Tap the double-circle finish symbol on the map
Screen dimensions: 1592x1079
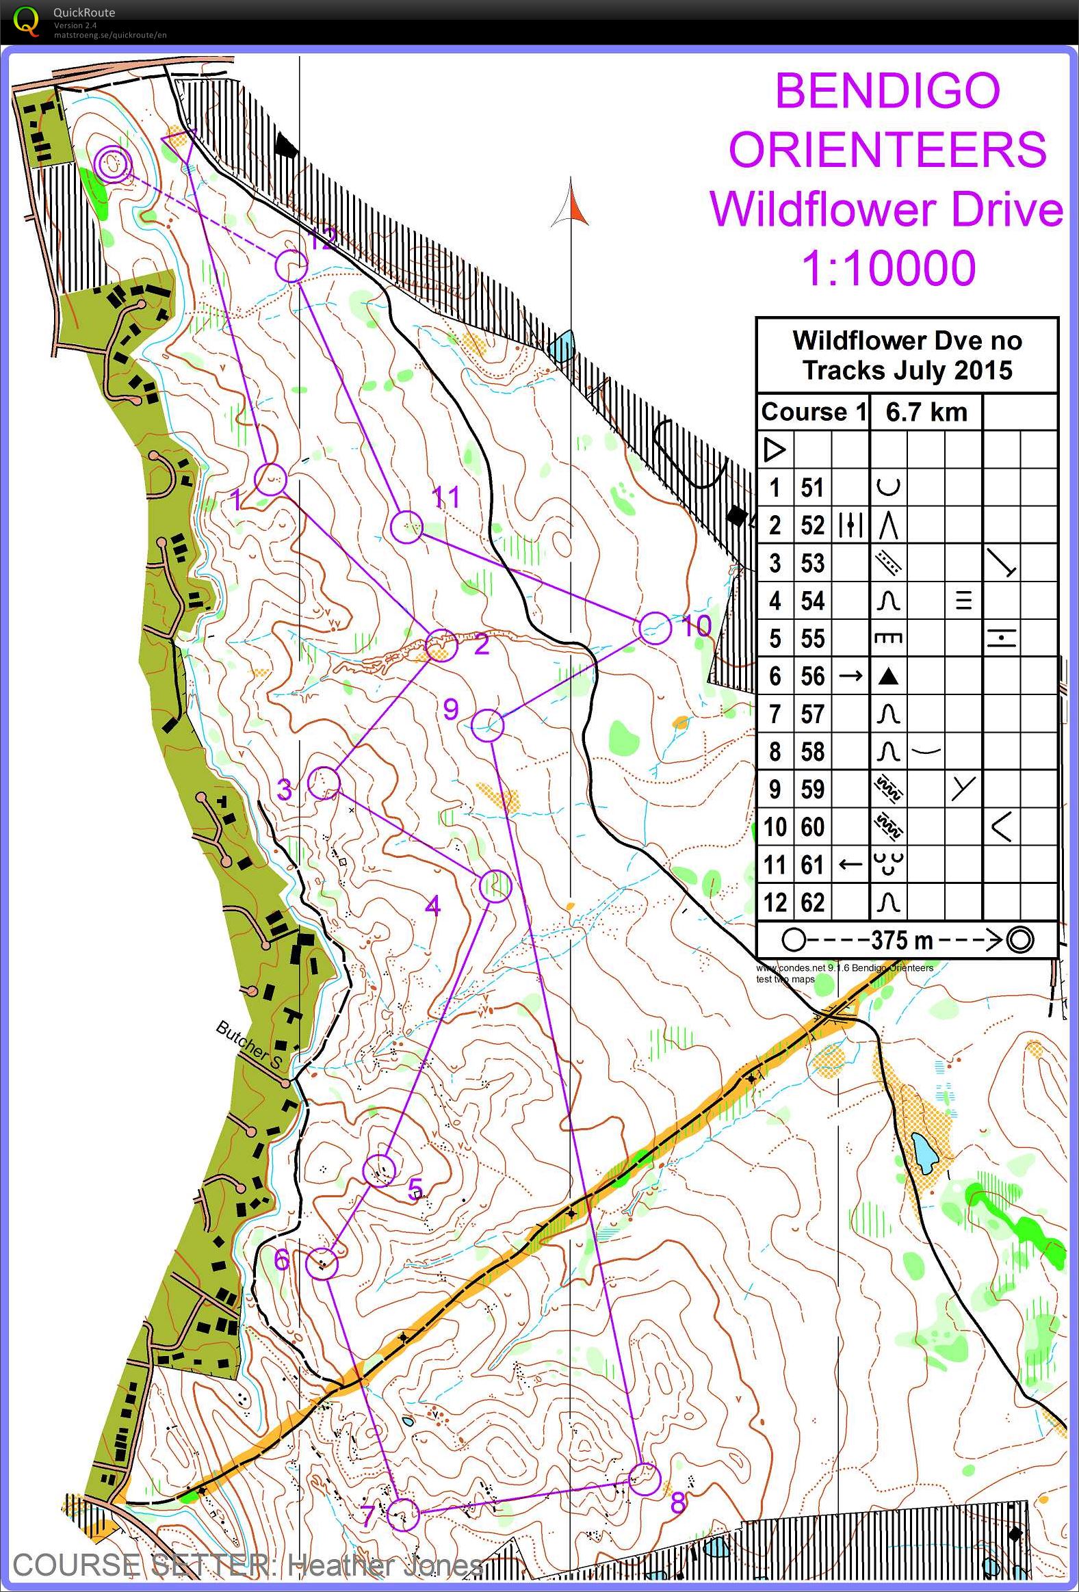(x=114, y=164)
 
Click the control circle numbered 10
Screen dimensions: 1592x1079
(x=655, y=628)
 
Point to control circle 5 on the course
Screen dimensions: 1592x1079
(x=380, y=1170)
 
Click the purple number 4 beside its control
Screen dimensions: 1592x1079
(x=432, y=906)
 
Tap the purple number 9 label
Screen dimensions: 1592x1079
(x=450, y=709)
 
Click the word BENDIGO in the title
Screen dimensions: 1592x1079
(x=887, y=90)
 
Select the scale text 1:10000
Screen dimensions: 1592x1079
(x=889, y=268)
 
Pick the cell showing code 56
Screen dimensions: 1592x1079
(x=813, y=676)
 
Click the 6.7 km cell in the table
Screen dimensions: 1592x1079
(x=926, y=412)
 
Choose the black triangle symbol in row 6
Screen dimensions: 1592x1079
(x=888, y=677)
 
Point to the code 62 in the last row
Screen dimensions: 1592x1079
(x=813, y=902)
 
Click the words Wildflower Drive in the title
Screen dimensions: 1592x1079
(x=886, y=209)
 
